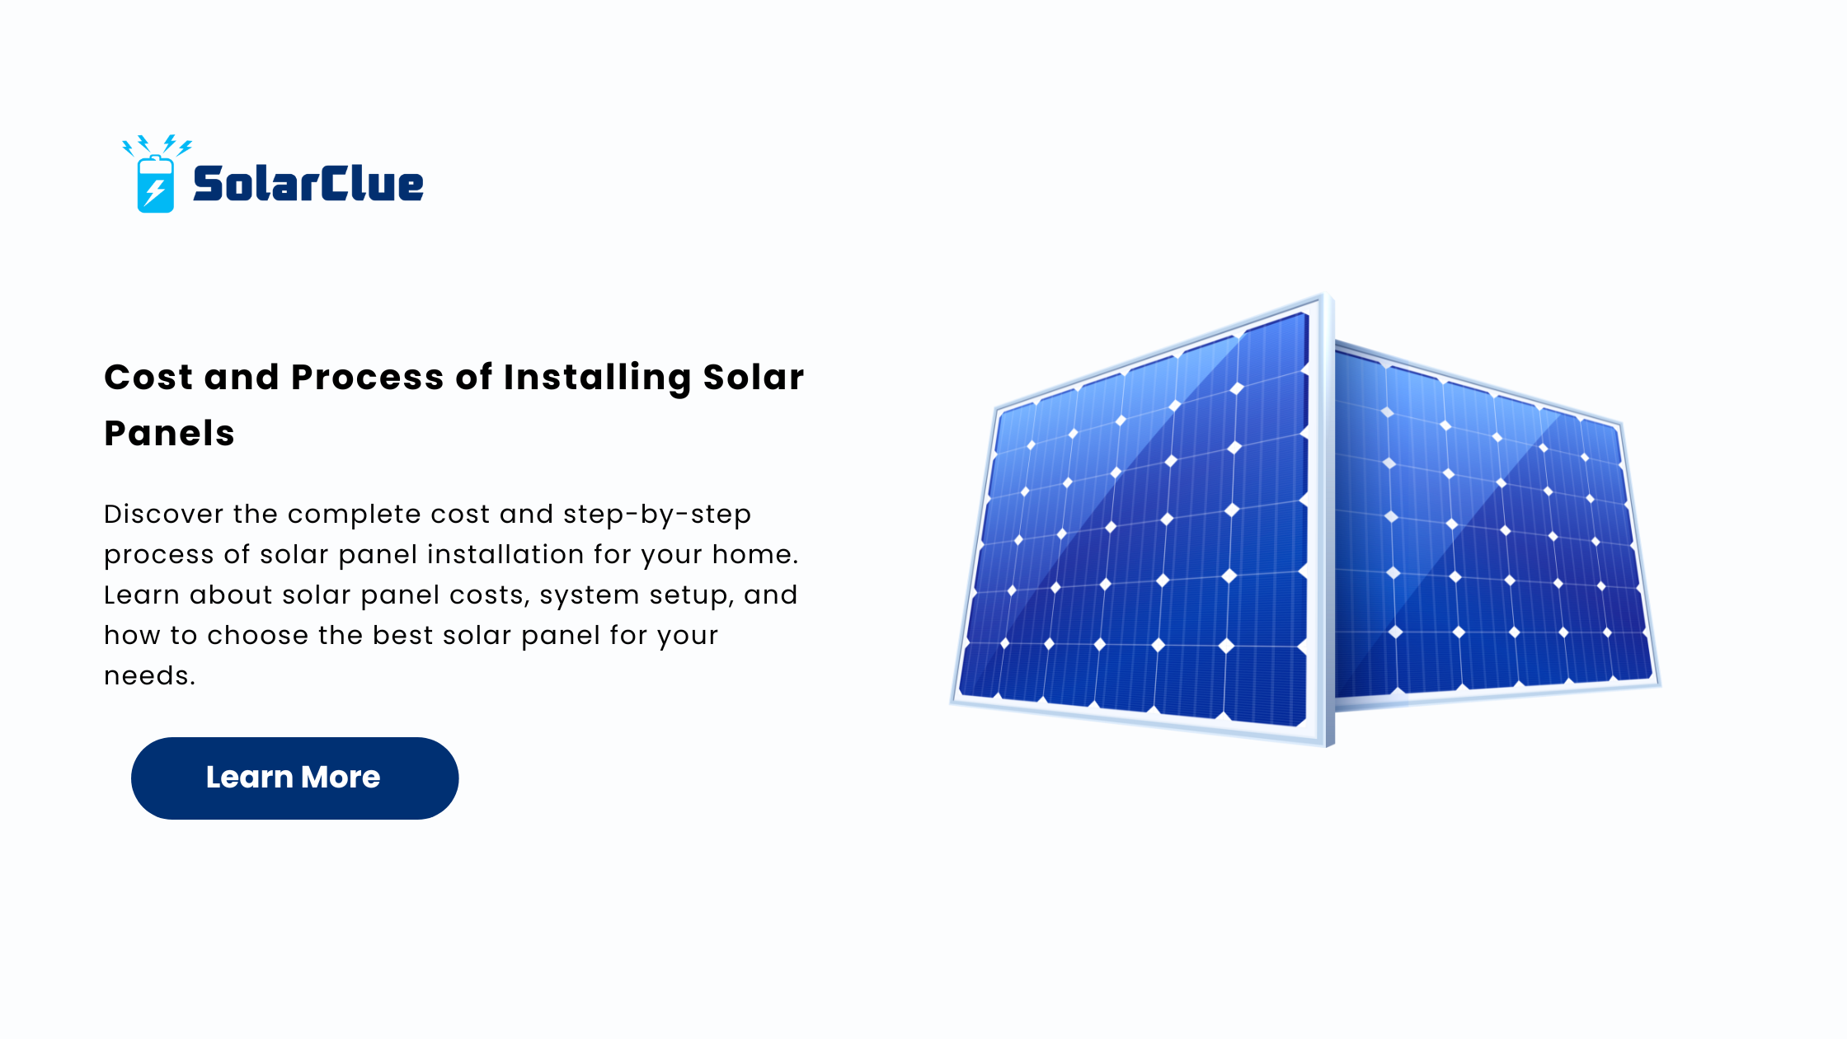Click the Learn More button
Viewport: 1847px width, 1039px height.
point(294,778)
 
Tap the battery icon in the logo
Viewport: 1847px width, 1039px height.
point(156,184)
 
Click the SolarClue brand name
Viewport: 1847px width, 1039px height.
point(308,183)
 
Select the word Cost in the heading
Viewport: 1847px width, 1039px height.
point(148,378)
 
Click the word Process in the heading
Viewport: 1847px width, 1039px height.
point(368,378)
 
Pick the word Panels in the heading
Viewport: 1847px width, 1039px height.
point(169,434)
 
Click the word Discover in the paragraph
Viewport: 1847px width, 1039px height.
point(163,514)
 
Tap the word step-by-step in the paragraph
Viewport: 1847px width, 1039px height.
point(657,515)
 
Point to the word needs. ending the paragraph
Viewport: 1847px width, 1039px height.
point(149,676)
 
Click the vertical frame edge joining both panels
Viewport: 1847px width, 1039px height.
point(1329,519)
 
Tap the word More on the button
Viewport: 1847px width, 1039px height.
point(341,777)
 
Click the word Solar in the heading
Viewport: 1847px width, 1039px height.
point(753,378)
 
